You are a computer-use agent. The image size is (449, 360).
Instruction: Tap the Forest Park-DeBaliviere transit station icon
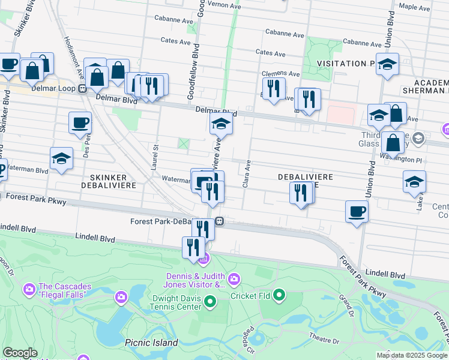[220, 221]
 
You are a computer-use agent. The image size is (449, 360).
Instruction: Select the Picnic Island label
[151, 343]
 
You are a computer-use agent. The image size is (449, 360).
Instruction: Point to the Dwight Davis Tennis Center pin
[210, 301]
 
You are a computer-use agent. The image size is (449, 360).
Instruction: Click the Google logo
[20, 353]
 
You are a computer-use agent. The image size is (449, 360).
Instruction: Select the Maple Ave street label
[415, 8]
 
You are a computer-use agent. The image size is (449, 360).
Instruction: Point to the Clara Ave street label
[246, 173]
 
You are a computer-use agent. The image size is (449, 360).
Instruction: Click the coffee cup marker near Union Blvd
[357, 212]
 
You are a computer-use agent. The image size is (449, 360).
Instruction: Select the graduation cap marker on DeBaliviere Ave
[221, 125]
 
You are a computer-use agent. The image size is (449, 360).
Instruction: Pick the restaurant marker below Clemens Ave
[274, 89]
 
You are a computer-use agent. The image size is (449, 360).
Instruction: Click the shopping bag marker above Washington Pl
[393, 143]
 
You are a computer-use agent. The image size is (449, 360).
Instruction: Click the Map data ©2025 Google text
[411, 355]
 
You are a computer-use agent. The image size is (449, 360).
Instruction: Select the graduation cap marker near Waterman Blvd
[61, 159]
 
